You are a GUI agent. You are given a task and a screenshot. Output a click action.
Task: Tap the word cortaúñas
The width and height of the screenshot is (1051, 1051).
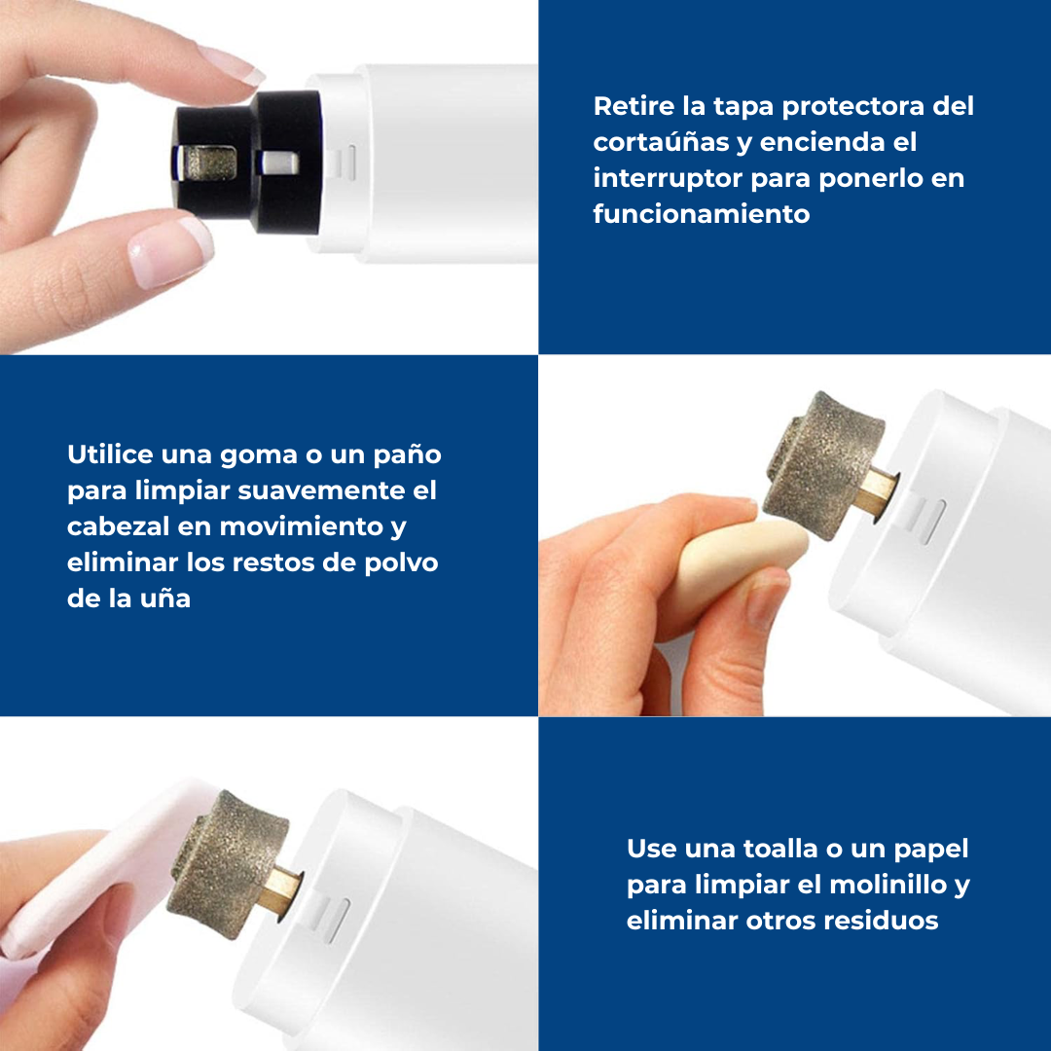660,142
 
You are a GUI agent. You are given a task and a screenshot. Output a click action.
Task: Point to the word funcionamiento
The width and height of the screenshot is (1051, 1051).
701,214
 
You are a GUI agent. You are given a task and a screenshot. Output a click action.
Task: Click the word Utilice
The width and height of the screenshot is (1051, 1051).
110,454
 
